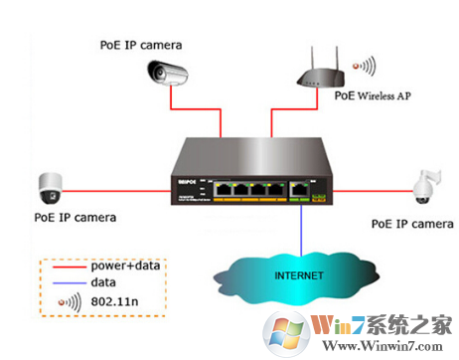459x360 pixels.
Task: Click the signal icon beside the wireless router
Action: (368, 67)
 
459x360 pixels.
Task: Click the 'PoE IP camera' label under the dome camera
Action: (76, 216)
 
